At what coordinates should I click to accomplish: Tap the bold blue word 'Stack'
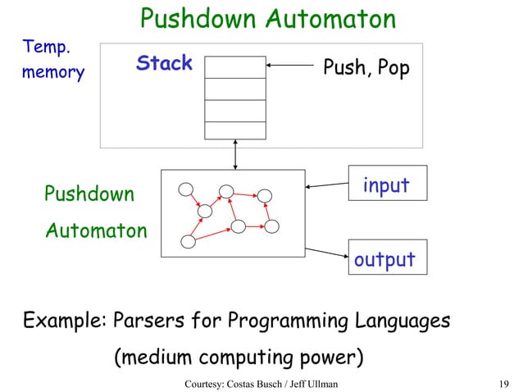[164, 64]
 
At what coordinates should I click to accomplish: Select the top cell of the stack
[235, 66]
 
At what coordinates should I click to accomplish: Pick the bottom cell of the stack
[235, 130]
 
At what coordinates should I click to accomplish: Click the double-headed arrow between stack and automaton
[235, 154]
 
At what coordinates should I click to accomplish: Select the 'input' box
[387, 185]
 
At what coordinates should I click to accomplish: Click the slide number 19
[504, 383]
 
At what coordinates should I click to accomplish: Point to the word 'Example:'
[66, 320]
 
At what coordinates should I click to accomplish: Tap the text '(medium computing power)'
[239, 359]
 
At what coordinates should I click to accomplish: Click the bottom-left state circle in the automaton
[188, 242]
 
